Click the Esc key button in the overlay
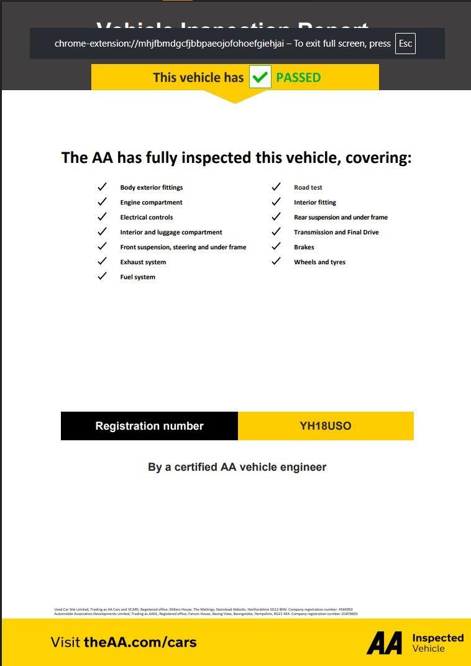tap(405, 44)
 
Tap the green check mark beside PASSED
tap(260, 78)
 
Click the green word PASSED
tap(298, 78)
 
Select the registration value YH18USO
tap(326, 426)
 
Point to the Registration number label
tap(149, 426)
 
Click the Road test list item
tap(308, 187)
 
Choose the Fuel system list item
tap(138, 277)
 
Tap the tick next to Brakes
tap(276, 247)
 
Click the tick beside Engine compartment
tap(102, 202)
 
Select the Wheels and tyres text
tap(319, 262)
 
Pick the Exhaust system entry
tap(143, 262)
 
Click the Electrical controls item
tap(147, 217)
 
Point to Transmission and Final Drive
tap(336, 232)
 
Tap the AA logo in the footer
tap(384, 643)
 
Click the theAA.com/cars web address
tap(140, 642)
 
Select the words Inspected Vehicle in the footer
tap(437, 643)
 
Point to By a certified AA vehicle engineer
tap(237, 467)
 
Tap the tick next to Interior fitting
tap(276, 202)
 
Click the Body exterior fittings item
tap(152, 187)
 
